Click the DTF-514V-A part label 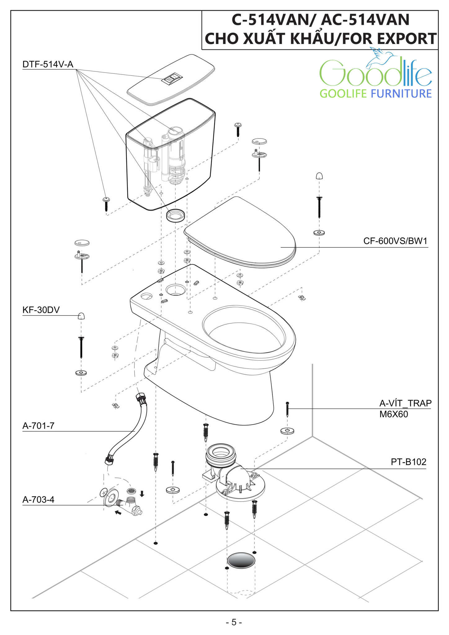pos(48,64)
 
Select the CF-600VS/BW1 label pos(395,241)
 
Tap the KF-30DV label pos(41,310)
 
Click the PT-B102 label pos(408,462)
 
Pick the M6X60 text pos(393,414)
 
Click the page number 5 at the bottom pos(234,622)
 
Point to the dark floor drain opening pos(241,561)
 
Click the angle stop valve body pos(131,505)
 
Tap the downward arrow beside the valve pos(142,494)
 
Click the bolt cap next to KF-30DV pos(81,316)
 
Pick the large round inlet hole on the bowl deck pos(176,290)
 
